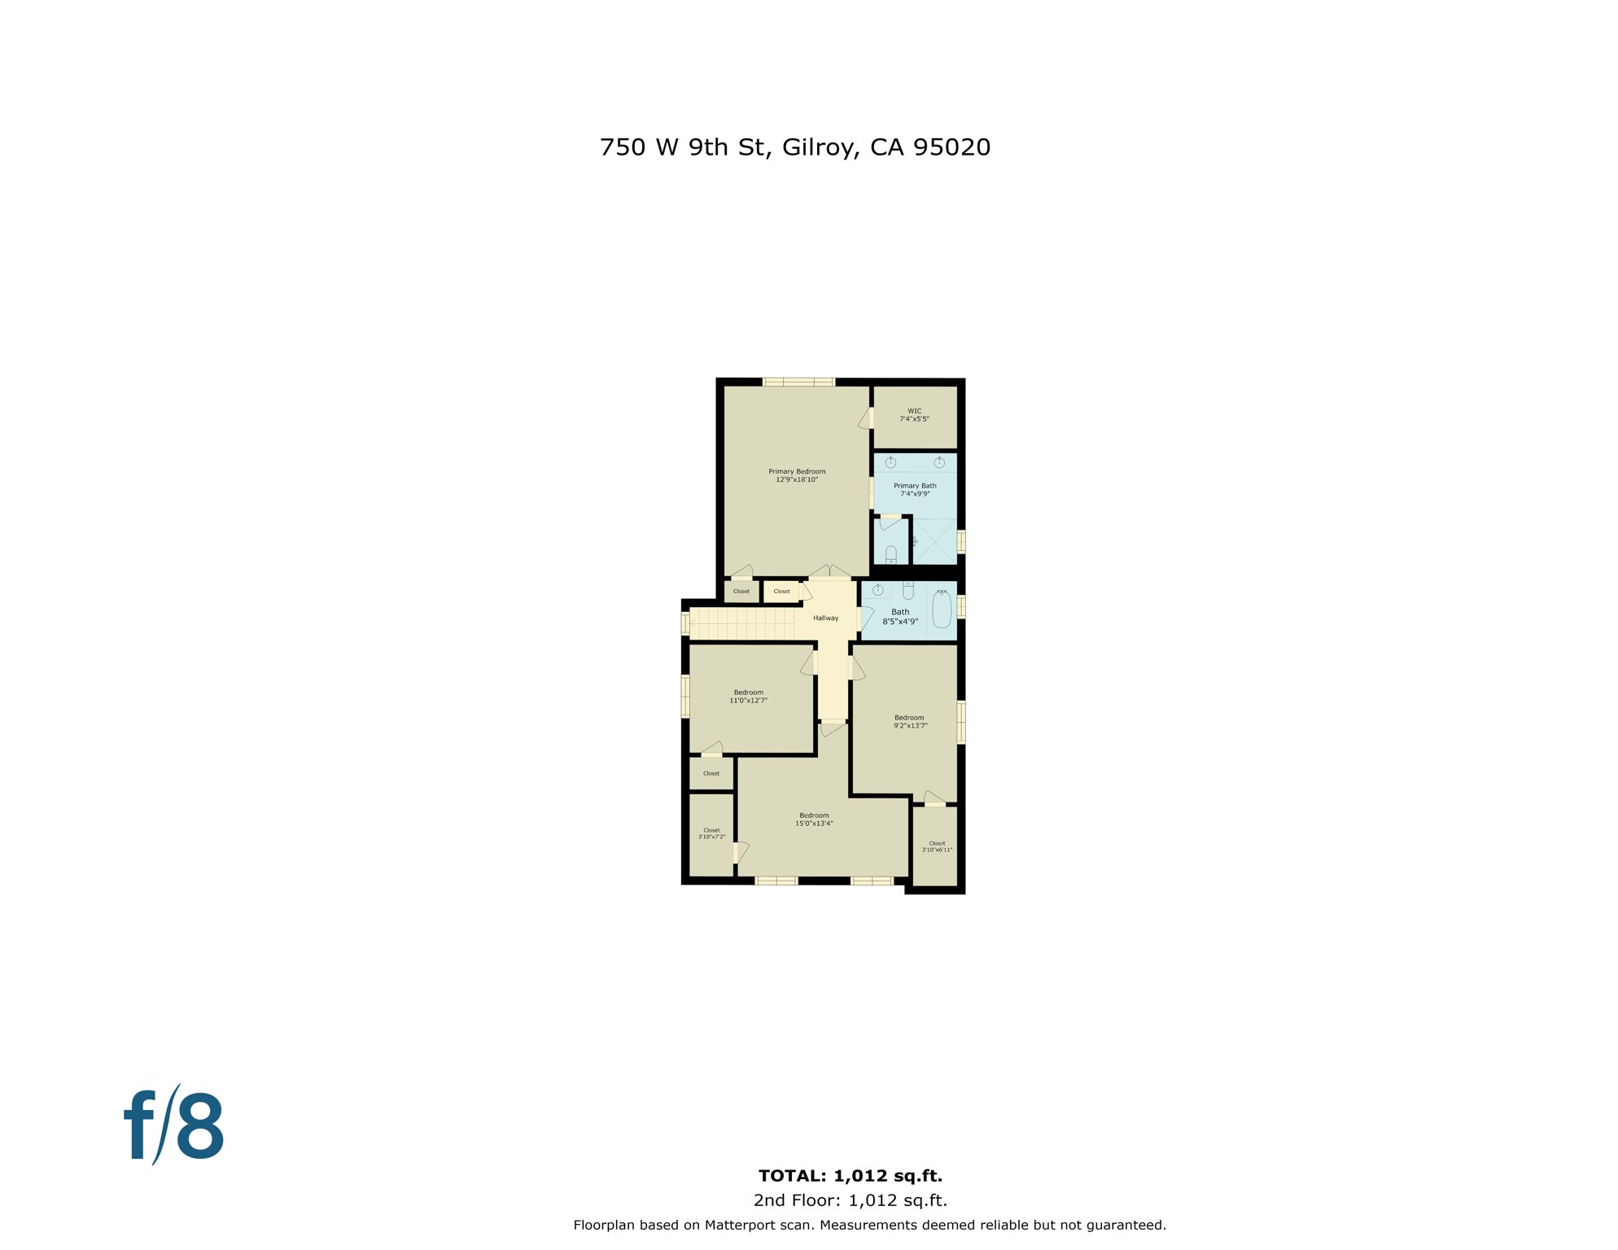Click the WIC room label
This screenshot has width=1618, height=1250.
[914, 411]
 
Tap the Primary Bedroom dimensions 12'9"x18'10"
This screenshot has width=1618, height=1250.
[797, 480]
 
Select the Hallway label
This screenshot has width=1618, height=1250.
[825, 618]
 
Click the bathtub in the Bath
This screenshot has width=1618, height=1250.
[942, 610]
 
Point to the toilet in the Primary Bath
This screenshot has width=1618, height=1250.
[891, 554]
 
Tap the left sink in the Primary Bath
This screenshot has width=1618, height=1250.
[890, 462]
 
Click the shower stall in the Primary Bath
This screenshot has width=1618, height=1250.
[935, 541]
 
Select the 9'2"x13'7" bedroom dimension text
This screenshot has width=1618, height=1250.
[910, 726]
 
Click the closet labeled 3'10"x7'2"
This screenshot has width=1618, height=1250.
[711, 834]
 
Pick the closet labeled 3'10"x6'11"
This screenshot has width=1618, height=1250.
[937, 847]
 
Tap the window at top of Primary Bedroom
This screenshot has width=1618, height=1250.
[798, 382]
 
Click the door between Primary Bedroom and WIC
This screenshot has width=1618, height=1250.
[868, 418]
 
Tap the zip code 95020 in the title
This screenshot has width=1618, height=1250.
[951, 147]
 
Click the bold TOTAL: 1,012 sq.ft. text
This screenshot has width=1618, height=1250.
[850, 1176]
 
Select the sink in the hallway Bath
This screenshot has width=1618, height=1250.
[877, 590]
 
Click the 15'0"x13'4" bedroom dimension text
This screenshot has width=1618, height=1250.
[814, 824]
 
